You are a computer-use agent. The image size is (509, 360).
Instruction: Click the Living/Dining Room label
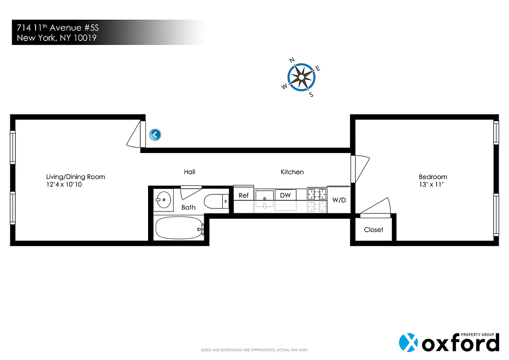[76, 176]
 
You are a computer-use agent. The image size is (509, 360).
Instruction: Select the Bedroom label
[432, 177]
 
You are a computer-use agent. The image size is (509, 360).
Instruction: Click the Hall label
[189, 172]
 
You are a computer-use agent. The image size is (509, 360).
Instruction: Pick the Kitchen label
[292, 172]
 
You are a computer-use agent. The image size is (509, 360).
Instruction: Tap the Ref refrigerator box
[243, 195]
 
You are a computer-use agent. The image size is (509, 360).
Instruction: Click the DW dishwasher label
[285, 195]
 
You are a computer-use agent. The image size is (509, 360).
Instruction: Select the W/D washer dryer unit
[339, 199]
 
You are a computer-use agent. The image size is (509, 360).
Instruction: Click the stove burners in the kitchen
[316, 194]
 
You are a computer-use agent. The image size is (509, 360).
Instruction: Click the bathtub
[179, 229]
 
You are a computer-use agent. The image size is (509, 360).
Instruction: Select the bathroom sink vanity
[163, 198]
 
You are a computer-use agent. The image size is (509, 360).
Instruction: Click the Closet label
[374, 229]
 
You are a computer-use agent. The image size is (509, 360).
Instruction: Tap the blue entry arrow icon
[155, 134]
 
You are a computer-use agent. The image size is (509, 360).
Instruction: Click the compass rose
[301, 77]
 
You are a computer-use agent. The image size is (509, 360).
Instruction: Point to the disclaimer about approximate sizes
[254, 350]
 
